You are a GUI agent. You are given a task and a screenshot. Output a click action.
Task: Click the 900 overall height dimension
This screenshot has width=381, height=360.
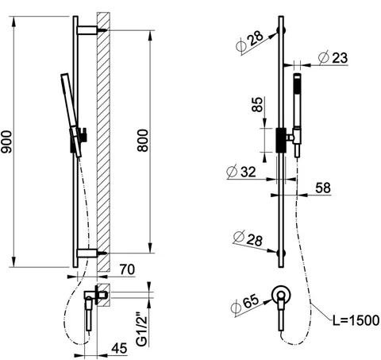(6, 141)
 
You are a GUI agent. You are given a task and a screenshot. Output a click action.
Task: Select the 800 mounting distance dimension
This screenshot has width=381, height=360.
(143, 141)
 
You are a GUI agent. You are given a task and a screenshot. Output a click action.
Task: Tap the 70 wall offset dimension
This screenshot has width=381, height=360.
(127, 269)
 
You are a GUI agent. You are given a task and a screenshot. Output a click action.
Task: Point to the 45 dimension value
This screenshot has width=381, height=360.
(119, 348)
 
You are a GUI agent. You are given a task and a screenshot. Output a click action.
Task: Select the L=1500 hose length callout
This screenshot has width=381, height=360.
(356, 320)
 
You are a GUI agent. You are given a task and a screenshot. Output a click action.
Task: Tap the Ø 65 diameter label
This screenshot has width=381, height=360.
(244, 304)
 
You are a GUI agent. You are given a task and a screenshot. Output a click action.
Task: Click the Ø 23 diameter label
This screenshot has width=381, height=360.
(333, 57)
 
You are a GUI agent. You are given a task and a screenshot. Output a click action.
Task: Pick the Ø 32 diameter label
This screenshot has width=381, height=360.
(241, 172)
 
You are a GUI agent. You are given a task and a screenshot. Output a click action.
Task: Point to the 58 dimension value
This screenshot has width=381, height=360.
(323, 188)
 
